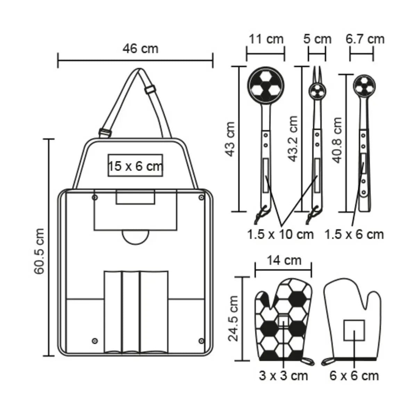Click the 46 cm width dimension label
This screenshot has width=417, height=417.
[140, 49]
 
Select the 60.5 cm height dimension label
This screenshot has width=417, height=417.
[39, 251]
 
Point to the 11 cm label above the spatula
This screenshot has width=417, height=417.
[266, 39]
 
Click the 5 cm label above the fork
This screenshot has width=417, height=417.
[317, 39]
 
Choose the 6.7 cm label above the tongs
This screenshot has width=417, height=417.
[365, 39]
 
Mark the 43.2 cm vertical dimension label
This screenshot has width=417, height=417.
[293, 139]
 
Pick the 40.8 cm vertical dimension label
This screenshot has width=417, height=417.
[337, 140]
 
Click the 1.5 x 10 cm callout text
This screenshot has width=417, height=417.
[280, 235]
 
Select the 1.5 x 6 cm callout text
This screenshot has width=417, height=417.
[354, 235]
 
